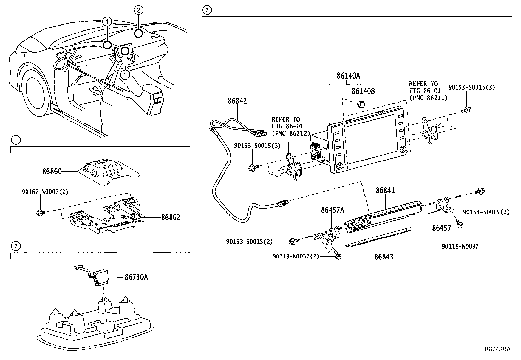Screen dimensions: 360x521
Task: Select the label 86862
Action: point(170,217)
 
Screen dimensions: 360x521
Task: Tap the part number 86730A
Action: point(136,277)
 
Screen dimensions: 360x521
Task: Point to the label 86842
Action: point(237,101)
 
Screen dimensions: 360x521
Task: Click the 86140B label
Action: point(363,91)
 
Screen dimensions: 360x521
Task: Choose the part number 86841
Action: point(385,190)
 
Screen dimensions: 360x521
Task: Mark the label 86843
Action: point(384,256)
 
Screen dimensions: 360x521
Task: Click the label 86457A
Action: point(332,210)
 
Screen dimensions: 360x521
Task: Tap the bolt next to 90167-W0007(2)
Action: point(40,213)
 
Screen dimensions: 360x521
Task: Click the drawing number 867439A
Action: point(497,349)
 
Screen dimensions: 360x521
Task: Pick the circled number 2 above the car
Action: point(138,10)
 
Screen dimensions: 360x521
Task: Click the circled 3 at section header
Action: point(206,10)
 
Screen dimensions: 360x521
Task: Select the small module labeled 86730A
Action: point(101,277)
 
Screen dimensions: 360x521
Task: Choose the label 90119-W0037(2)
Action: point(295,256)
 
